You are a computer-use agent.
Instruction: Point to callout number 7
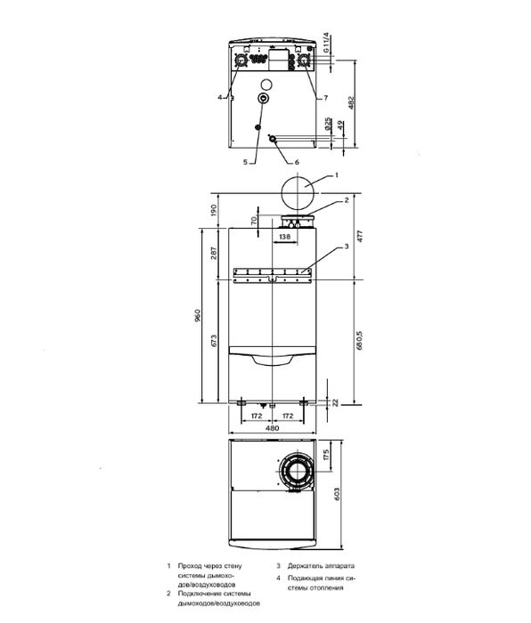tap(326, 96)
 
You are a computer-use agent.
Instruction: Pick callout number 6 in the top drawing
tap(298, 161)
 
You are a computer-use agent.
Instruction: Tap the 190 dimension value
tap(214, 211)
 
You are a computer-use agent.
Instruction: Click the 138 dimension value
tap(284, 238)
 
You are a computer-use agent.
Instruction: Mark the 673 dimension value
tap(214, 343)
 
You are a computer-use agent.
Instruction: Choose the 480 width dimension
tap(271, 428)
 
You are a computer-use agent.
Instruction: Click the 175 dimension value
tap(327, 457)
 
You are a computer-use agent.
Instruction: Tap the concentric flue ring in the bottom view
tap(294, 472)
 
